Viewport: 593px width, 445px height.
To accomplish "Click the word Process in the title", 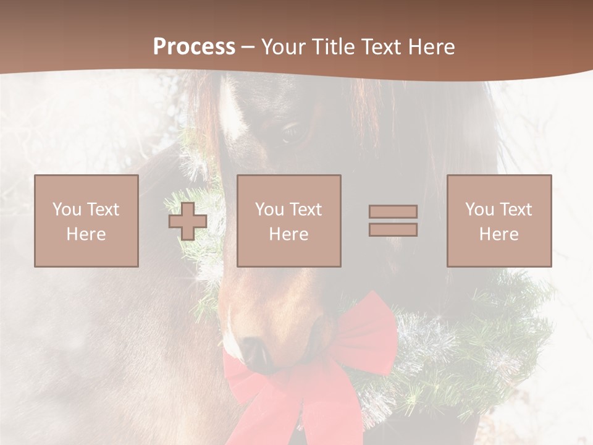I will click(x=194, y=47).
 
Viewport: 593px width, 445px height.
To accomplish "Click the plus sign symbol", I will click(x=188, y=221).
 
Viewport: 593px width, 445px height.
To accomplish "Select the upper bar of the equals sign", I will click(x=393, y=211).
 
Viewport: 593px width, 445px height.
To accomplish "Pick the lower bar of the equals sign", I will click(x=393, y=230).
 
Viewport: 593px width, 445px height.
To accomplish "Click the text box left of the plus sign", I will click(x=86, y=221).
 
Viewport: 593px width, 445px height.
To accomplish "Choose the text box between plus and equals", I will click(x=289, y=221).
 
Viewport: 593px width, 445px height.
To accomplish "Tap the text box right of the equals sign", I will click(x=499, y=221).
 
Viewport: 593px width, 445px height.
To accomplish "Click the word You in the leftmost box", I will click(x=67, y=210).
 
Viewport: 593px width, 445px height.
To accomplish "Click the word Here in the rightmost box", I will click(x=499, y=234).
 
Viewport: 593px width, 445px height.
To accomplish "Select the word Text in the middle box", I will click(x=305, y=210).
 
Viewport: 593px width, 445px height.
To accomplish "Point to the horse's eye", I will click(x=291, y=132).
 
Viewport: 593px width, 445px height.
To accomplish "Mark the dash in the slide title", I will click(x=248, y=48).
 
